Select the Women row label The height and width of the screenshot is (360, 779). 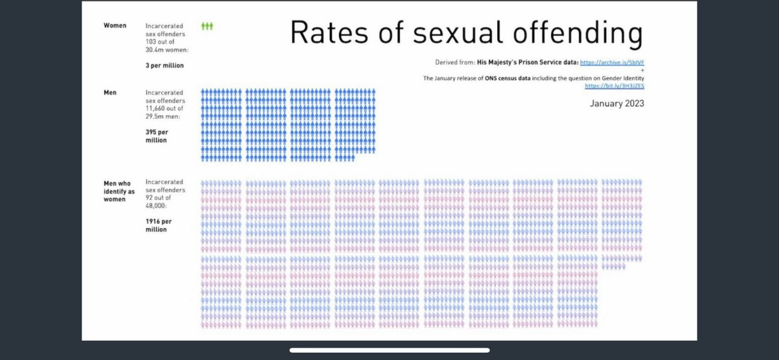(x=115, y=26)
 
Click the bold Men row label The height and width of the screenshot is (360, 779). (x=110, y=93)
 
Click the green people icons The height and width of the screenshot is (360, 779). (x=207, y=26)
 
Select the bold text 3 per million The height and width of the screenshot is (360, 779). (x=164, y=65)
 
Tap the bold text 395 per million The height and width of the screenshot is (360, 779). (x=157, y=136)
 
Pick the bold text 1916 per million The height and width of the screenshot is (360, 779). (x=157, y=225)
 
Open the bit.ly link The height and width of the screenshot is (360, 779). (x=614, y=86)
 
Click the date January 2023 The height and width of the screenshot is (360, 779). (x=616, y=104)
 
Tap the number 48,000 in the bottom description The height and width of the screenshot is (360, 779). (x=157, y=205)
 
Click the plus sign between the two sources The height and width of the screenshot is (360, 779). (x=642, y=70)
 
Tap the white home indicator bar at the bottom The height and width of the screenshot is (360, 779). (x=389, y=350)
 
